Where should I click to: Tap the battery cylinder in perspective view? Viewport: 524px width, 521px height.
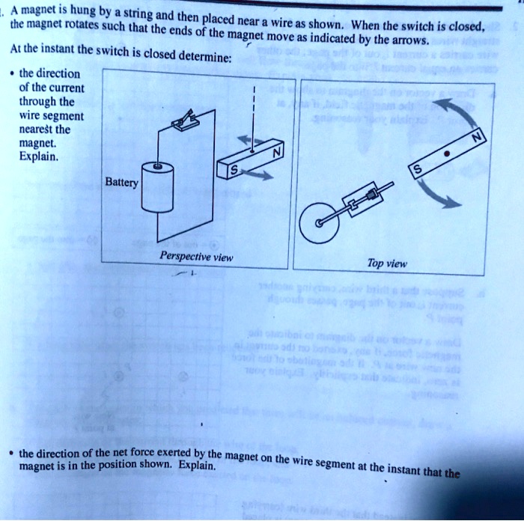(x=157, y=187)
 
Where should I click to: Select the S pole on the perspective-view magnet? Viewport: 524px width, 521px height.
(x=234, y=173)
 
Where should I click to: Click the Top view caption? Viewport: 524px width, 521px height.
(x=387, y=263)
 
